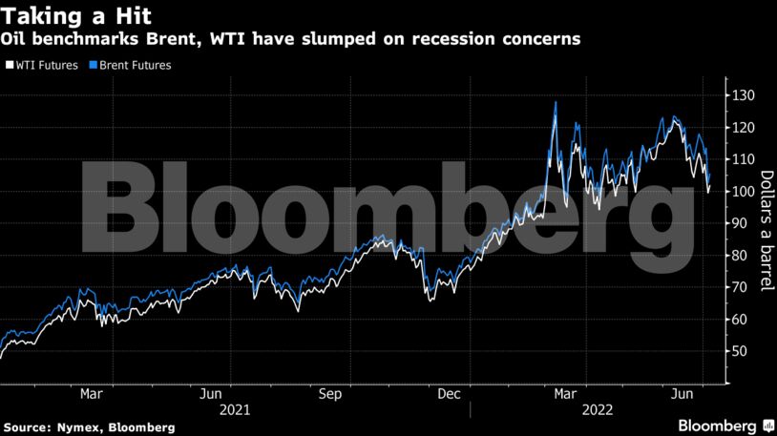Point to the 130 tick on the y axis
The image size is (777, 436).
click(x=745, y=95)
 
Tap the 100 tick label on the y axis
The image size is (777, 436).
click(x=745, y=192)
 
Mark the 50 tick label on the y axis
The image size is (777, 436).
click(x=741, y=351)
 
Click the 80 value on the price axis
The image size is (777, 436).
click(x=741, y=256)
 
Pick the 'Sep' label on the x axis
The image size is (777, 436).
click(x=329, y=393)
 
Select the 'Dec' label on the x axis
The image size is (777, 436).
click(x=450, y=393)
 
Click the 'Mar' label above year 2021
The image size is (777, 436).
click(x=91, y=393)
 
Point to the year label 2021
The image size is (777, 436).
click(x=235, y=409)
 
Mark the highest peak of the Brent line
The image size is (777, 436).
click(x=556, y=101)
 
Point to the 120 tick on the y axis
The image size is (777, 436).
click(x=745, y=128)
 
